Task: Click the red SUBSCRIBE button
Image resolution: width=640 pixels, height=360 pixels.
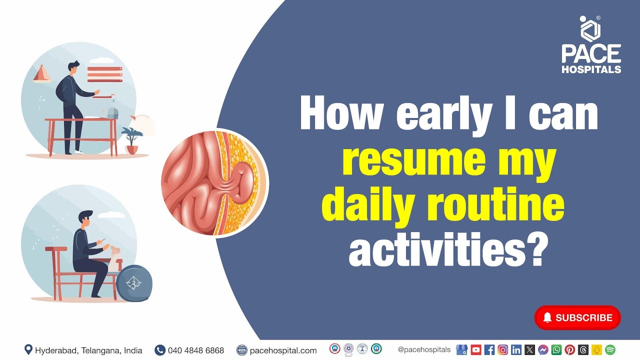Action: [x=577, y=317]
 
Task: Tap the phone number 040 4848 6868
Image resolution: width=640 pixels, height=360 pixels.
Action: [x=196, y=350]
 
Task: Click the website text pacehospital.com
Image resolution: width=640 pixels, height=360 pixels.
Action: [x=283, y=350]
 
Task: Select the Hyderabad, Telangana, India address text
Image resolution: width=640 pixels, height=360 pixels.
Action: [x=88, y=350]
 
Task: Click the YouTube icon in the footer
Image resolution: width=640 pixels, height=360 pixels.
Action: [x=475, y=350]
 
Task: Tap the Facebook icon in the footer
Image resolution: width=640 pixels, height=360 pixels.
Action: [x=489, y=350]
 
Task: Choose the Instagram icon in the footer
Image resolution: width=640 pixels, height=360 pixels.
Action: [x=502, y=350]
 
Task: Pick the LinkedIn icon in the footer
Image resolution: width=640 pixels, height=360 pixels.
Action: [x=516, y=350]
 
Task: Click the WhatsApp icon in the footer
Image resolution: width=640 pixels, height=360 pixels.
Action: [x=556, y=350]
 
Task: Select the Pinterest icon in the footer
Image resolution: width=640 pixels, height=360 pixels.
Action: [x=569, y=350]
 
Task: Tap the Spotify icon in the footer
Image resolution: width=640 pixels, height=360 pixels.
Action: [x=610, y=350]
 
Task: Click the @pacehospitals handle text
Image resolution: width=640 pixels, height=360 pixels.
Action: [x=424, y=350]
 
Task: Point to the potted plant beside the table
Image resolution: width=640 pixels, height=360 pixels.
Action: [x=132, y=140]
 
